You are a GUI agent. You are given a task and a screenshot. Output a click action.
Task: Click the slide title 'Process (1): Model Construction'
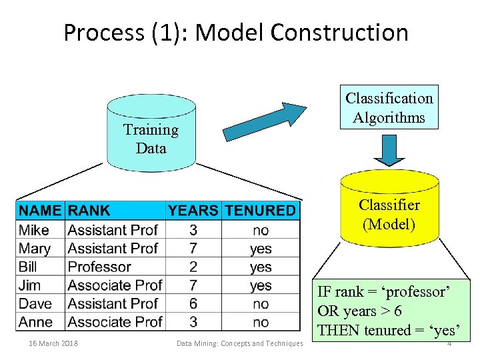(x=235, y=32)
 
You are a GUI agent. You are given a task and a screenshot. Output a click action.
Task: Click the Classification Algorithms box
(x=389, y=107)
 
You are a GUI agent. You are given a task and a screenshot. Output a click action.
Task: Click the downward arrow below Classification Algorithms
(x=389, y=151)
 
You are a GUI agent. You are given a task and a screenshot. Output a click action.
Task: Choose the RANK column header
(x=89, y=211)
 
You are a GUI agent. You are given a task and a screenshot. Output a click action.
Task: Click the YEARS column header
(x=193, y=211)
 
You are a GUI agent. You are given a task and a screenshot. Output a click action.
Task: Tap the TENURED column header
(x=260, y=211)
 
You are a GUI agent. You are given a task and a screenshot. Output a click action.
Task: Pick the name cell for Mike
(x=34, y=230)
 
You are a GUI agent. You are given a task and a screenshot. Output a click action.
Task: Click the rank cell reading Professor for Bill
(x=99, y=267)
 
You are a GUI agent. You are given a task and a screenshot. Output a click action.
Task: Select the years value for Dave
(x=193, y=304)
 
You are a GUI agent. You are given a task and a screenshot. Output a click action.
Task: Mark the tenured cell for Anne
(x=261, y=322)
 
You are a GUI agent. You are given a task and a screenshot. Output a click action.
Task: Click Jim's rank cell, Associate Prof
(x=115, y=285)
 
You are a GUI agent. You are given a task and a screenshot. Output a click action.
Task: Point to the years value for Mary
(x=193, y=248)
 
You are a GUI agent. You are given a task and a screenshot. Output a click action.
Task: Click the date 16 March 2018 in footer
(x=53, y=343)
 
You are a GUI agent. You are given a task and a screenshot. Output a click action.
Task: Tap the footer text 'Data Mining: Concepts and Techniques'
(x=239, y=343)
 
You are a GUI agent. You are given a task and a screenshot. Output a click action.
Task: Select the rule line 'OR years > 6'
(x=360, y=311)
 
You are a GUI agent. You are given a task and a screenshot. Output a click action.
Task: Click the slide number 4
(x=449, y=344)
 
